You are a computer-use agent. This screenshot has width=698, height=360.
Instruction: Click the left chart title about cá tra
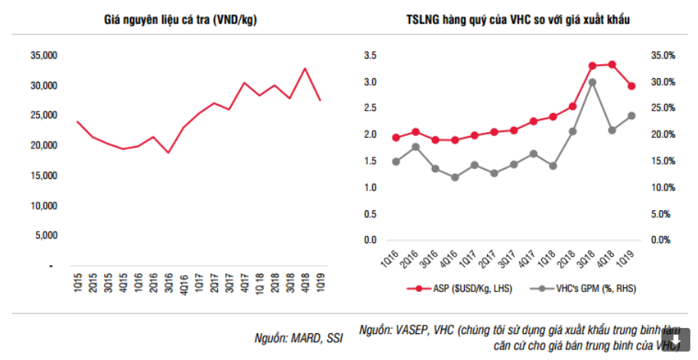180,20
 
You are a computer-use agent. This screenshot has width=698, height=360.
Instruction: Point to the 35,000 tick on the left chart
44,55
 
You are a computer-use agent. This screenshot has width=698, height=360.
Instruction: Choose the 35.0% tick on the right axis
662,55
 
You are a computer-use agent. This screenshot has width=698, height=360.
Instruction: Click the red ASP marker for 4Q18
612,64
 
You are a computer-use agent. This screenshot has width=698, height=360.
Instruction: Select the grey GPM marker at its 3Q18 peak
592,82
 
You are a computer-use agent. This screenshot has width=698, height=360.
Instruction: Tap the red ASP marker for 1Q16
396,138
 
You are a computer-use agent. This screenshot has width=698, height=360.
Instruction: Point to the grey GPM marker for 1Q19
631,115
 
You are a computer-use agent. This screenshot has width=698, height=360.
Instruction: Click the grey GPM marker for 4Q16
455,177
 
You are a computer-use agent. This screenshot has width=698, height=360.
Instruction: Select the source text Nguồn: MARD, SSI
299,337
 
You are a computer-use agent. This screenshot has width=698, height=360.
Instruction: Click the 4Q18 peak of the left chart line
305,69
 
